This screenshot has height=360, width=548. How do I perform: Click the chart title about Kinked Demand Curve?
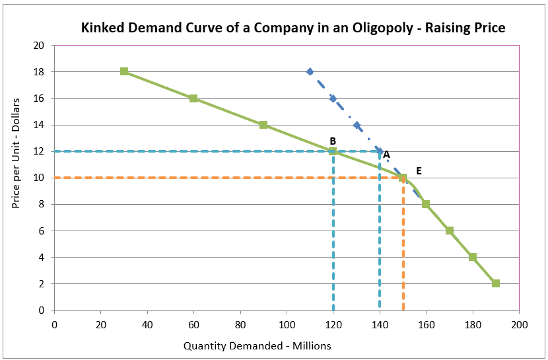(x=293, y=28)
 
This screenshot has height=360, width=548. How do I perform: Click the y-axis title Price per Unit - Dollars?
(x=16, y=153)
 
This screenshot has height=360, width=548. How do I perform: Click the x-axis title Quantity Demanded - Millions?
(x=257, y=345)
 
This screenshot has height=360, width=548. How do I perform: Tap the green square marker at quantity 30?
(x=124, y=71)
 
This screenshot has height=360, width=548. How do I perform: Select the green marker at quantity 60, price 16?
(x=193, y=98)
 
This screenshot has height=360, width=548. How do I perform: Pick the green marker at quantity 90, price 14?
(x=263, y=125)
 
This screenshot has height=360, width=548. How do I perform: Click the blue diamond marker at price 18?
(x=310, y=71)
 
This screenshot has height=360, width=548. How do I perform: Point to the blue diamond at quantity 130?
(x=357, y=125)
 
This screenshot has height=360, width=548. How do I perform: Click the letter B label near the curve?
(x=333, y=141)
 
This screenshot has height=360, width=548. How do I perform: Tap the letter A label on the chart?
(x=386, y=154)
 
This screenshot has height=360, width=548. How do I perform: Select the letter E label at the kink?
(x=418, y=170)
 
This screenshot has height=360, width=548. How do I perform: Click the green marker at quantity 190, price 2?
(x=496, y=283)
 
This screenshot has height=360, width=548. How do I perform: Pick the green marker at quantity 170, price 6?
(x=450, y=231)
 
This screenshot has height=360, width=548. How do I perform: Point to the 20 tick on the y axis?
(x=39, y=46)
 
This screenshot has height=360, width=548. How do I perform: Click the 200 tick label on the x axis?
(x=520, y=324)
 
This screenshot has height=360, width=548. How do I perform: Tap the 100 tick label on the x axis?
(x=287, y=324)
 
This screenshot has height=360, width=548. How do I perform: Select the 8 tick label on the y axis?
(x=41, y=204)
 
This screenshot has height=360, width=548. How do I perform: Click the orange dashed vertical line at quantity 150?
(x=403, y=251)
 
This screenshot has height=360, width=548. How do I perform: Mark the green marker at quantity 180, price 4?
(x=473, y=257)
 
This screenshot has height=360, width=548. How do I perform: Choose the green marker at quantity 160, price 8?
(x=426, y=204)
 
